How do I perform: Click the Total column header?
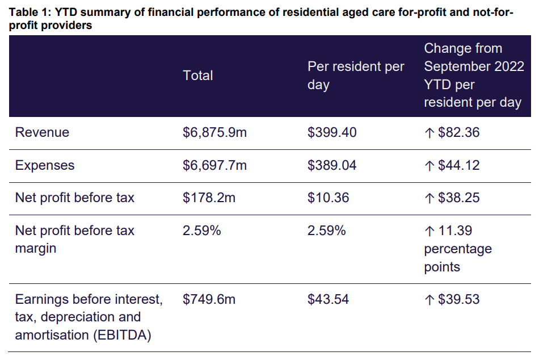(198, 76)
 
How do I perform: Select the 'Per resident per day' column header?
(356, 76)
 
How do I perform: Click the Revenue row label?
(42, 132)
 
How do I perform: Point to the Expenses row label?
(45, 165)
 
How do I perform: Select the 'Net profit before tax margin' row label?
(74, 240)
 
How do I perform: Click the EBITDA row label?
(89, 317)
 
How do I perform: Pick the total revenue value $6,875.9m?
(215, 132)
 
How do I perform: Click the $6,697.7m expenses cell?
(215, 165)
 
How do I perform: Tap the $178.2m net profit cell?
(208, 198)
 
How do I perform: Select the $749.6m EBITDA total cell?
(209, 299)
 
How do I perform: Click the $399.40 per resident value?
(332, 132)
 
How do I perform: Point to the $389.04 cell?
(332, 165)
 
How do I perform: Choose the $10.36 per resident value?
(329, 198)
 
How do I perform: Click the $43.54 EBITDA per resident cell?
(329, 299)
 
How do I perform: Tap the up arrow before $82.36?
(429, 132)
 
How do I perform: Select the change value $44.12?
(459, 165)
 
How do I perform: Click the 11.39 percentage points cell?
(457, 249)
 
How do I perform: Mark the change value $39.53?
(459, 299)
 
